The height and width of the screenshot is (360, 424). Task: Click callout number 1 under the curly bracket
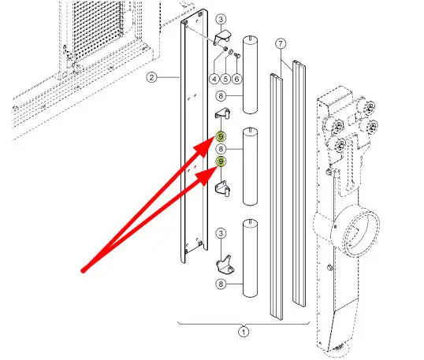(x=244, y=332)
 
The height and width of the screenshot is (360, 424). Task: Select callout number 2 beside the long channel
(x=151, y=78)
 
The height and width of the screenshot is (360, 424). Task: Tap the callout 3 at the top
(x=221, y=19)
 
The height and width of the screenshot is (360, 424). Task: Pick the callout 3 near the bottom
(x=221, y=233)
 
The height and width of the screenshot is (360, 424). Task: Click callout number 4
(x=214, y=80)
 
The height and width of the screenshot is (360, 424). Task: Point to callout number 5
(x=225, y=80)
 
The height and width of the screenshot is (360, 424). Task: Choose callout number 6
(x=237, y=80)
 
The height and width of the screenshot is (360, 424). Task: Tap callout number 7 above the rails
(x=281, y=43)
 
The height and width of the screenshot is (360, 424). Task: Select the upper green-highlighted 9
(x=221, y=136)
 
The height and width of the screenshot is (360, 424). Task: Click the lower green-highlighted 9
(x=221, y=161)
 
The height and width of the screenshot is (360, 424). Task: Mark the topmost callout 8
(x=221, y=96)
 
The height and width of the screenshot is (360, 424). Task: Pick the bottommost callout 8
(x=221, y=284)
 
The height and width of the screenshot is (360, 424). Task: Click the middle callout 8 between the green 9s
(x=221, y=149)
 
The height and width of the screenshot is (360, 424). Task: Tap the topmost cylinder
(x=250, y=75)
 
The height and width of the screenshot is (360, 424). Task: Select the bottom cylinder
(x=250, y=258)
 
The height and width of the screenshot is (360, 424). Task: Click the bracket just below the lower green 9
(x=223, y=188)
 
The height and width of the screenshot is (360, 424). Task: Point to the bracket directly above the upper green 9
(x=222, y=113)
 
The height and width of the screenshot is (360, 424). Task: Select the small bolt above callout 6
(x=237, y=56)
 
